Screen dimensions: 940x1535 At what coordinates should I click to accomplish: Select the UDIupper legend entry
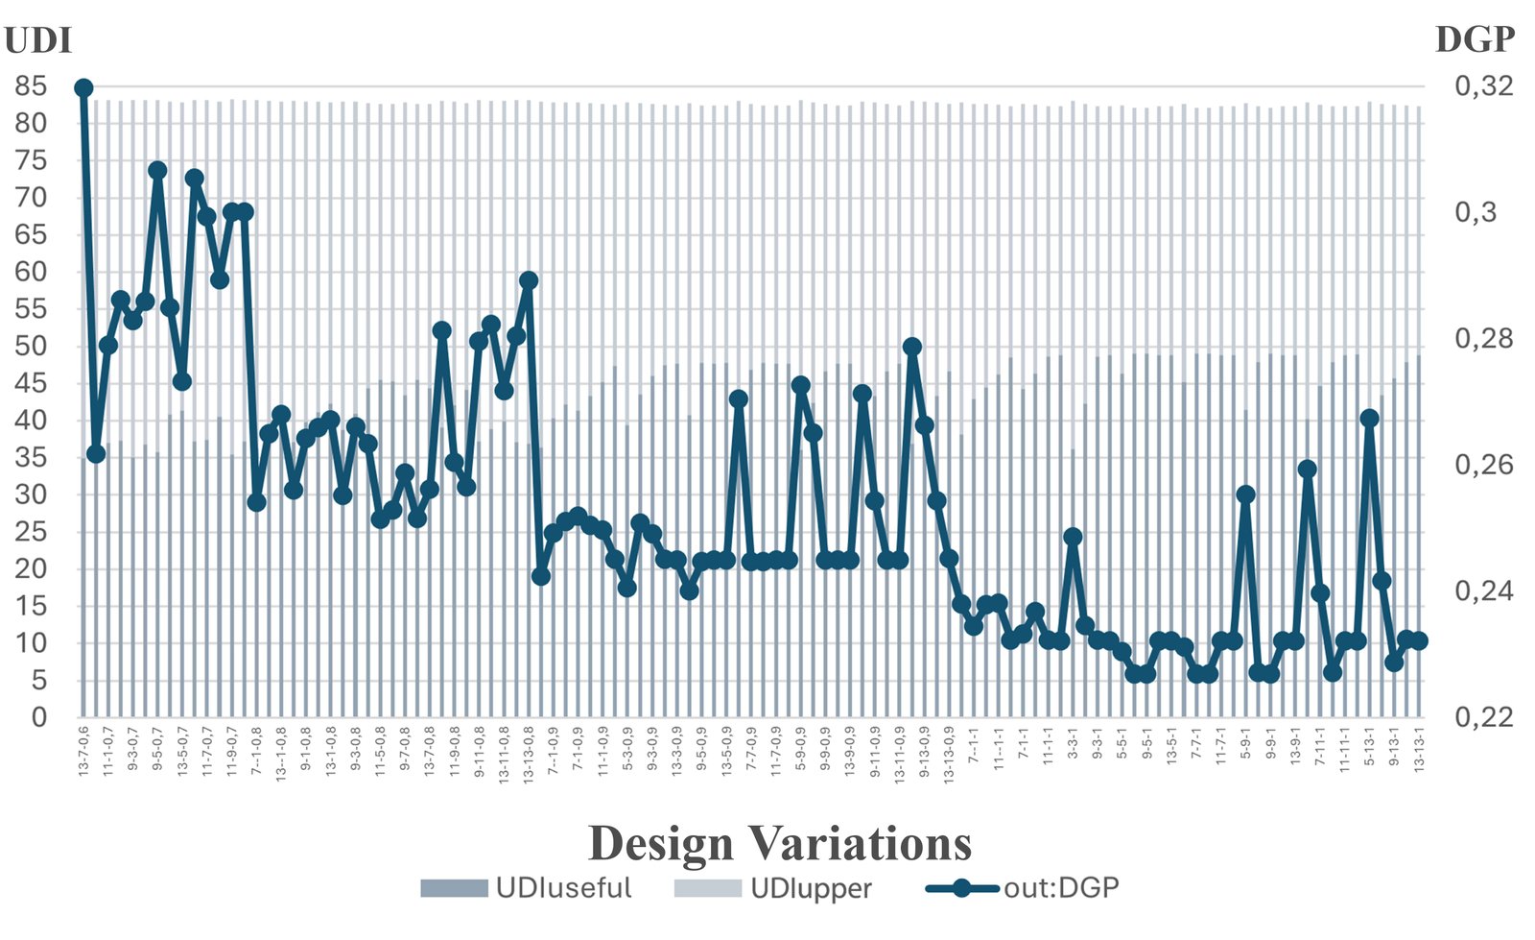[773, 887]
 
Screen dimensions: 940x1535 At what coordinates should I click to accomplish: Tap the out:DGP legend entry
[1023, 887]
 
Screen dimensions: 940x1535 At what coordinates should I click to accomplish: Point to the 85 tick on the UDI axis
[30, 86]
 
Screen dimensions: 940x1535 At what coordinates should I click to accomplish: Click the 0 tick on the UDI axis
[38, 717]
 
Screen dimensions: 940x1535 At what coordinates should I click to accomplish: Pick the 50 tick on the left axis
[30, 347]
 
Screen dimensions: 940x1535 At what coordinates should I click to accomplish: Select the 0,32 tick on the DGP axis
[1483, 86]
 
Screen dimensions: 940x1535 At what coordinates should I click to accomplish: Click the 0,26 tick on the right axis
[1483, 465]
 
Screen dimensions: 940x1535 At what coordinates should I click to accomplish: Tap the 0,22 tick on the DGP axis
[1483, 717]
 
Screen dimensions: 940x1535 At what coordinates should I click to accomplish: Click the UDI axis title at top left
[37, 40]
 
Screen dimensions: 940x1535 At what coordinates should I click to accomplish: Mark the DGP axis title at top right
[1475, 39]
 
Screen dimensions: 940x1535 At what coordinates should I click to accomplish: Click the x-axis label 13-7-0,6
[83, 752]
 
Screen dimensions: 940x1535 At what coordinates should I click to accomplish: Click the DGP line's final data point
[1419, 640]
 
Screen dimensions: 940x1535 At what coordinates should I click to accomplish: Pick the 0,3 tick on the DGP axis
[1476, 212]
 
